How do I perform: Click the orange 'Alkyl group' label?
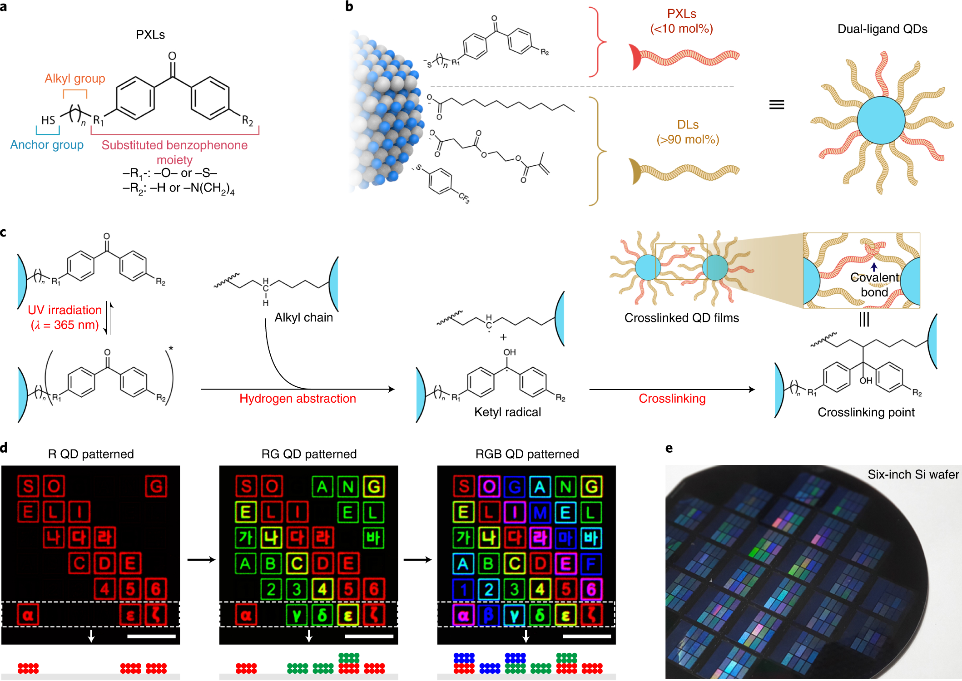point(75,79)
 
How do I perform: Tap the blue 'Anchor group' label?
point(47,145)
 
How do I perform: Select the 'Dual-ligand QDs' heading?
point(882,29)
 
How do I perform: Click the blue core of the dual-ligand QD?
point(881,120)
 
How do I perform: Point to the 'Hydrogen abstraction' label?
point(298,399)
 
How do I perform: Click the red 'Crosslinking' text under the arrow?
point(672,399)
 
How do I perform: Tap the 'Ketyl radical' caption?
point(507,412)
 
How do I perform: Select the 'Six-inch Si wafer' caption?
point(913,474)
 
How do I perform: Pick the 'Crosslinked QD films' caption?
point(681,318)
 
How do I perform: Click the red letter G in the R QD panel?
point(156,487)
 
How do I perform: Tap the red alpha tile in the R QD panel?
point(28,615)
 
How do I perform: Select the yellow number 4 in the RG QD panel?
point(322,589)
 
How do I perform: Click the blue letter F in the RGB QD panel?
point(591,564)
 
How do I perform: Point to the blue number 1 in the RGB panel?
point(463,589)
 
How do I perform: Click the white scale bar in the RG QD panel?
point(369,637)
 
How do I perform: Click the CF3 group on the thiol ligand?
point(463,197)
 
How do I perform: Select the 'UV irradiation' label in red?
point(64,310)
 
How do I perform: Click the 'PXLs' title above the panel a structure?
point(150,35)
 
